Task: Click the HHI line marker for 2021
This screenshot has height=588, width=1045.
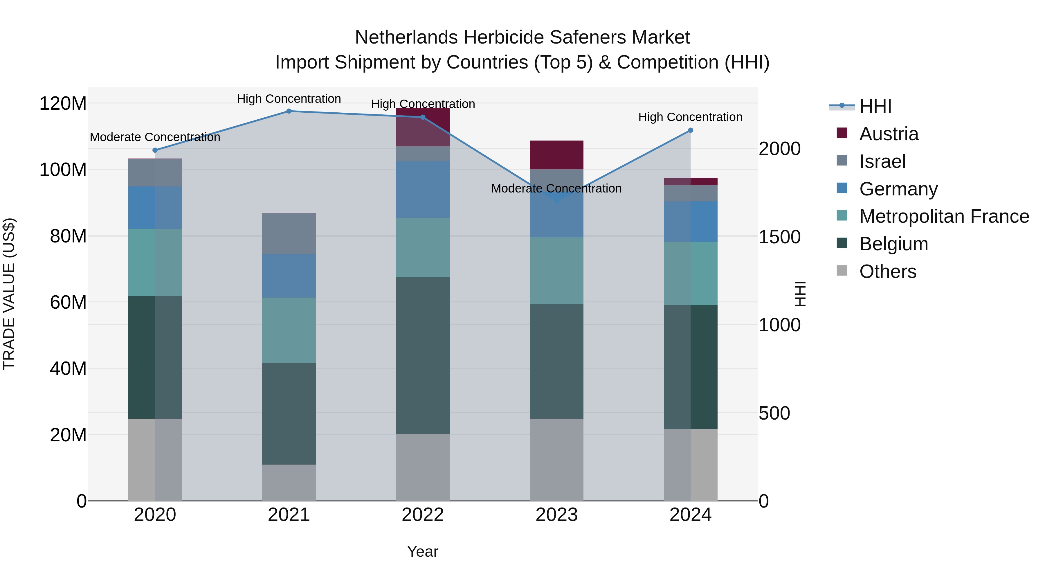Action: click(289, 111)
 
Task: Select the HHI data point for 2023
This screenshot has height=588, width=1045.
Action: click(556, 200)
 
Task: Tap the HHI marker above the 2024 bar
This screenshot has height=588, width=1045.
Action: click(691, 130)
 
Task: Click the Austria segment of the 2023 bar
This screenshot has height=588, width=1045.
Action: click(556, 155)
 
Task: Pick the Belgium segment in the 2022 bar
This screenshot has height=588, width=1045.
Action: click(423, 355)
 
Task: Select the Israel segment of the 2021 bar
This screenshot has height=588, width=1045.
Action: click(289, 234)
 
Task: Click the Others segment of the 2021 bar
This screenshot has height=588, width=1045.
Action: click(289, 483)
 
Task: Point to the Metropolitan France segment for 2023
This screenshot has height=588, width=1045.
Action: click(556, 271)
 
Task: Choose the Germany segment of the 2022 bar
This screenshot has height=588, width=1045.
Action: click(423, 189)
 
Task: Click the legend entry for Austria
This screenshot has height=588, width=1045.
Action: click(889, 134)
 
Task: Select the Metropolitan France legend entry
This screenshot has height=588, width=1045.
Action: click(944, 217)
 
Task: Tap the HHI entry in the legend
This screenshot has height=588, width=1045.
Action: click(875, 106)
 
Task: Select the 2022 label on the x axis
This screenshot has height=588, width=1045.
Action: click(423, 515)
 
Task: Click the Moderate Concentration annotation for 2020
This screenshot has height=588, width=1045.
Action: click(155, 137)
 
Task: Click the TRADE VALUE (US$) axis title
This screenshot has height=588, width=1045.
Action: click(9, 294)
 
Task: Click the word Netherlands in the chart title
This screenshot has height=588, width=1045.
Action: click(406, 38)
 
